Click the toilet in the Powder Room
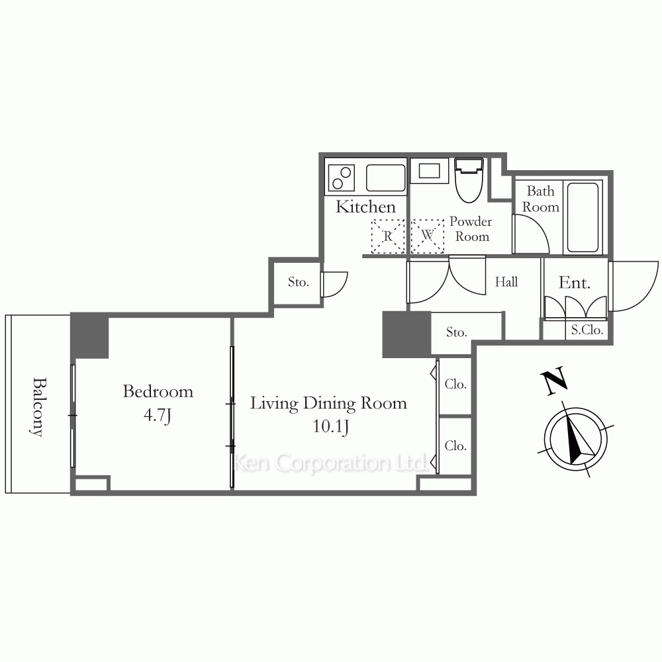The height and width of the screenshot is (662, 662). point(469,180)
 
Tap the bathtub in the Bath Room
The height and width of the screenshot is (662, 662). point(583,217)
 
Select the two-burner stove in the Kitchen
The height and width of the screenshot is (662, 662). point(341,177)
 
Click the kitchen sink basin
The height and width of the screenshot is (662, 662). point(385,177)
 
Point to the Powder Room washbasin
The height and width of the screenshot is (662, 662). point(429,171)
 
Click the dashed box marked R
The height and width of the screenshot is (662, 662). point(387,236)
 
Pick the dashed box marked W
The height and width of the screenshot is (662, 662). point(427,236)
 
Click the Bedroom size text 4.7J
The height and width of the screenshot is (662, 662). point(158,416)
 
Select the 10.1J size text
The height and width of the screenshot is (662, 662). point(330,426)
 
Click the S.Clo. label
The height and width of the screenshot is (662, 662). point(587,330)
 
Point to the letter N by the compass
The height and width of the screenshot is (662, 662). point(554,381)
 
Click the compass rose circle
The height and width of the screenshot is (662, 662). point(576,439)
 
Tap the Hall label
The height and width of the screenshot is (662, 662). point(506,281)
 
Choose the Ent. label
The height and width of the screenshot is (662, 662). point(574,283)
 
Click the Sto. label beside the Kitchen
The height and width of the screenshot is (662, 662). point(298,281)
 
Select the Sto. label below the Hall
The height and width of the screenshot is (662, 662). point(456,332)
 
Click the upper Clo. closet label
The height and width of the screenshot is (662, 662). point(455,384)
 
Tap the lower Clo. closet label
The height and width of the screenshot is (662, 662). point(455,446)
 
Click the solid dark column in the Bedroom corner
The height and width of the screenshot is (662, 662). point(89,336)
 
